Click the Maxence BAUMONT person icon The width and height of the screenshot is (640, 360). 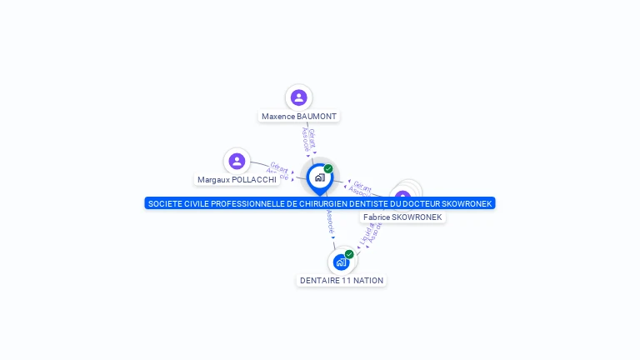tap(298, 97)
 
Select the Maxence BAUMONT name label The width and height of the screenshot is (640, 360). tap(300, 117)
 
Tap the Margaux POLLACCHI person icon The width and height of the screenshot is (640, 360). tap(237, 161)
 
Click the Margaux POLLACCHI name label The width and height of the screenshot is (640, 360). tap(237, 179)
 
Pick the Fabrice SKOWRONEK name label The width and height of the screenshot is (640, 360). tap(402, 217)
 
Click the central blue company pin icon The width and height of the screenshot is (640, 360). tap(319, 177)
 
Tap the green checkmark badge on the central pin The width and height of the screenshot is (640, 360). tap(328, 168)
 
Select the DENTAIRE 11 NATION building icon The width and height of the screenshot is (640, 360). tap(340, 262)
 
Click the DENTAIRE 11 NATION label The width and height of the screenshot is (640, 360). tap(342, 281)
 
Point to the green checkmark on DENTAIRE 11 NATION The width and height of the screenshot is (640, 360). tap(349, 254)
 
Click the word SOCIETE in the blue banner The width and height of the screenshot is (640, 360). tap(163, 203)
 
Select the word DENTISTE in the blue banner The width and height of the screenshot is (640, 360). tap(370, 203)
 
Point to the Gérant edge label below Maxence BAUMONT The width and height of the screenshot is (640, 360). tap(312, 136)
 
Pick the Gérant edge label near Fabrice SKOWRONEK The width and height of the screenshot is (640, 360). tap(362, 185)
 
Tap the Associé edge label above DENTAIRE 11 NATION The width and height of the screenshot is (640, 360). tap(330, 221)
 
